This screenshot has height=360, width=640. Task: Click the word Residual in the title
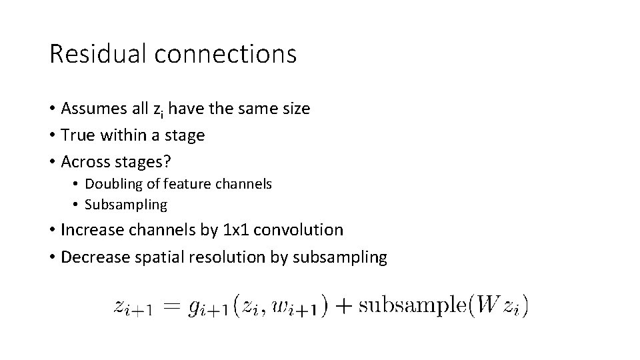[97, 54]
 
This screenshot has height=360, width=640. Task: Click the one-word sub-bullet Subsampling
[126, 204]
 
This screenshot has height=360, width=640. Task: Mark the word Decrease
[93, 257]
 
